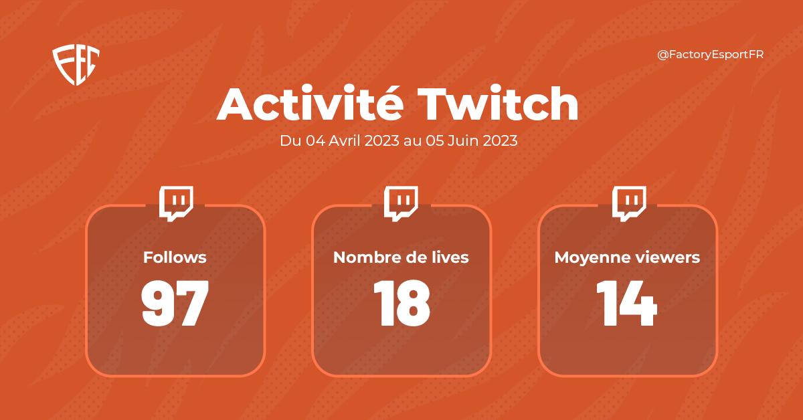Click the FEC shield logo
pyautogui.click(x=76, y=65)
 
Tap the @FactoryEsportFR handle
pyautogui.click(x=710, y=55)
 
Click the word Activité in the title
pyautogui.click(x=310, y=105)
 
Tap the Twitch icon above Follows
pyautogui.click(x=176, y=203)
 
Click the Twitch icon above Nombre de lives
pyautogui.click(x=401, y=203)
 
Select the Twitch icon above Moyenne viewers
pyautogui.click(x=630, y=203)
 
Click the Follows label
pyautogui.click(x=175, y=257)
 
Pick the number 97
pyautogui.click(x=175, y=304)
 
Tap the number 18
pyautogui.click(x=401, y=304)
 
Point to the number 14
pyautogui.click(x=627, y=304)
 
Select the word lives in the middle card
pyautogui.click(x=450, y=257)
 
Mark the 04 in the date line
pyautogui.click(x=315, y=142)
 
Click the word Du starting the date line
pyautogui.click(x=290, y=142)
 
